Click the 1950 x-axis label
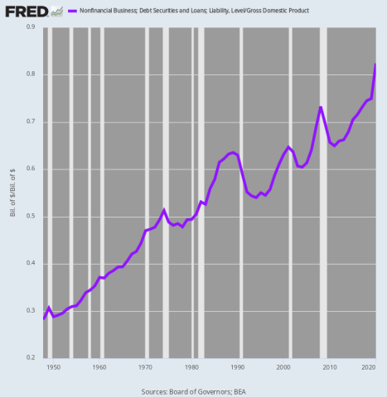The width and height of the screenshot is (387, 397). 53,366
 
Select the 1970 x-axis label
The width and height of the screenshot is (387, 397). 146,366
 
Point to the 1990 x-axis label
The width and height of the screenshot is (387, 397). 238,366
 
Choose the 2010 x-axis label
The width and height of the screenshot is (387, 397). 330,366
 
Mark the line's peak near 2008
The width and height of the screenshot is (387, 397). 321,107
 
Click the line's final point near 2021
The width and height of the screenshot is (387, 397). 376,65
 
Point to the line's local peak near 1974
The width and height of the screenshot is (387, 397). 164,210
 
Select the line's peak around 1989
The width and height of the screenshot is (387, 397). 234,152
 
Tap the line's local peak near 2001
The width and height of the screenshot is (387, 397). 288,147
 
